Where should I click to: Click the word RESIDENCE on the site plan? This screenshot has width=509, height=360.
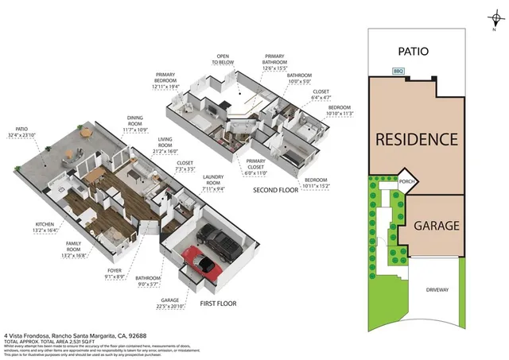point(417,139)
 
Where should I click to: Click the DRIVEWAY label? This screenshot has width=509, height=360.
point(437,289)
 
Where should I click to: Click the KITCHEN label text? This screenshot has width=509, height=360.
point(45,225)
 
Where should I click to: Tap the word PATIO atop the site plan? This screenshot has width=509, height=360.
point(413,51)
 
